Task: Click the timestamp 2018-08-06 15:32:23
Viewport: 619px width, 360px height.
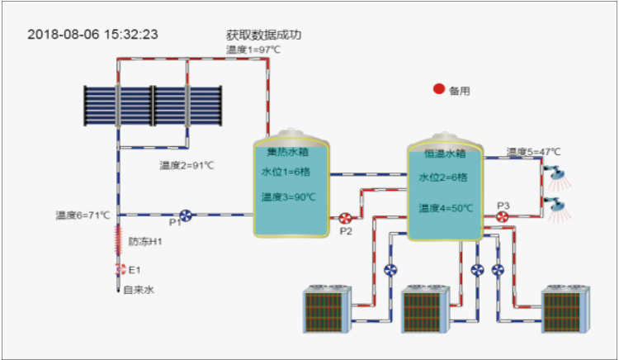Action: (92, 35)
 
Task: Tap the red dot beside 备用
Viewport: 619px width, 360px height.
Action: (439, 89)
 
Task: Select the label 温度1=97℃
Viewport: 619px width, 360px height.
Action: (253, 50)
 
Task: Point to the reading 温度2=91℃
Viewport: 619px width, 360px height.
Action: (187, 165)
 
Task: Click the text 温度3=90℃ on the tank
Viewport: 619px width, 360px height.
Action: (289, 197)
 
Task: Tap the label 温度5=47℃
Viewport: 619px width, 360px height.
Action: (533, 152)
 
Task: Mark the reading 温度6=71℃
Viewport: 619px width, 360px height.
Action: (83, 215)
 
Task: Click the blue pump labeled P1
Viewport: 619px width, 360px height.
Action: (187, 216)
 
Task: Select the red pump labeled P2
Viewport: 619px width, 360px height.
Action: (344, 219)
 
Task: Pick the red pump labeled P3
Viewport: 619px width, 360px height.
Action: (502, 217)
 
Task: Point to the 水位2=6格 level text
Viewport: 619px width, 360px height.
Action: (443, 177)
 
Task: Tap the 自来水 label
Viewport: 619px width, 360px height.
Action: (139, 290)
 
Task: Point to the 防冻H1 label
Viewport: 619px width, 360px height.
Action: (144, 242)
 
